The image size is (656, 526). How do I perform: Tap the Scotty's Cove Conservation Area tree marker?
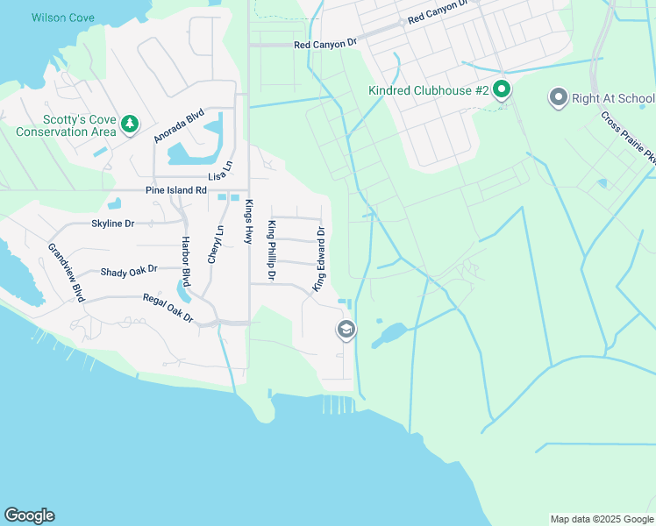pyautogui.click(x=130, y=124)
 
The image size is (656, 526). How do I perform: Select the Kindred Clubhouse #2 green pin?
pyautogui.click(x=502, y=89)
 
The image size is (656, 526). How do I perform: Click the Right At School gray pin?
pyautogui.click(x=558, y=97)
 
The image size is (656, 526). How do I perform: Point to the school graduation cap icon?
pyautogui.click(x=346, y=331)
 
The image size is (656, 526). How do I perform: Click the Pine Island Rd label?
pyautogui.click(x=176, y=190)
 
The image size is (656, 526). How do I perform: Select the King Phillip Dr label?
pyautogui.click(x=272, y=251)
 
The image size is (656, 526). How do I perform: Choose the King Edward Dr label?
pyautogui.click(x=320, y=259)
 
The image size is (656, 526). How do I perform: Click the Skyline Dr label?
pyautogui.click(x=112, y=224)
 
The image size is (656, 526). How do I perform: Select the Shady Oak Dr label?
pyautogui.click(x=129, y=271)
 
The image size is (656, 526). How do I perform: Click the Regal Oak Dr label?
pyautogui.click(x=168, y=308)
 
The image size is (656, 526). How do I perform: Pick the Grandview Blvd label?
pyautogui.click(x=66, y=273)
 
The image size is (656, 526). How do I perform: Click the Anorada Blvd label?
pyautogui.click(x=179, y=125)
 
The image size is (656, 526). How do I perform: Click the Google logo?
pyautogui.click(x=29, y=515)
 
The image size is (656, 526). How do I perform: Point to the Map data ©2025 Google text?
pyautogui.click(x=601, y=519)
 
